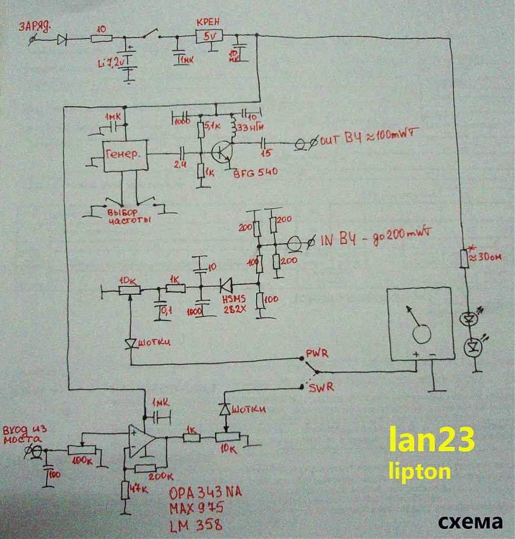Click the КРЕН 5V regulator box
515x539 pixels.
coord(209,36)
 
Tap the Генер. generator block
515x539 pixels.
coord(125,156)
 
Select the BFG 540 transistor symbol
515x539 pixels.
coord(221,153)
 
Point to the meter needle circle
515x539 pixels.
coord(421,333)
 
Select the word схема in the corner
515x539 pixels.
coord(470,521)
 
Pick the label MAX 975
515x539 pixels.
coord(196,508)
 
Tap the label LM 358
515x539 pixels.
coord(195,524)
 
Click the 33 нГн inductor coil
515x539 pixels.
coord(232,127)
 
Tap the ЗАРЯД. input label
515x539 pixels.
coord(34,26)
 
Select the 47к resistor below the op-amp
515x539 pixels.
coord(125,490)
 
